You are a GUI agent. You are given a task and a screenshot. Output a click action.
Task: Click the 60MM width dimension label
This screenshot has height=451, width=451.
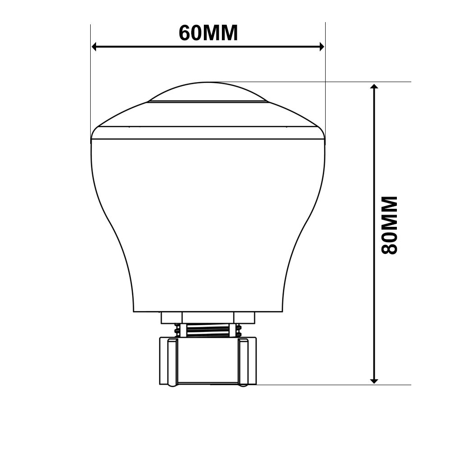(x=208, y=33)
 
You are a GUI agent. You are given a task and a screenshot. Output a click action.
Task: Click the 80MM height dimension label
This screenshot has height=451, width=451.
(x=389, y=225)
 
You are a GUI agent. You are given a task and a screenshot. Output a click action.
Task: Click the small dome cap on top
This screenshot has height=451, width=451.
(x=208, y=92)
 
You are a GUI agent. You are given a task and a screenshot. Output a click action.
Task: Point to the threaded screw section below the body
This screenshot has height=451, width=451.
(x=208, y=331)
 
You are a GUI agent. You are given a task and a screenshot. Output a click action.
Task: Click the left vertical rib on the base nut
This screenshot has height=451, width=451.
(x=172, y=362)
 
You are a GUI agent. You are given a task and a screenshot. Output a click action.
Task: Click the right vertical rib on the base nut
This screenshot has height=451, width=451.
(x=244, y=362)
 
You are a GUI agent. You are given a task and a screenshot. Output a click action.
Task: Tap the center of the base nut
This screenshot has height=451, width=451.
(x=208, y=361)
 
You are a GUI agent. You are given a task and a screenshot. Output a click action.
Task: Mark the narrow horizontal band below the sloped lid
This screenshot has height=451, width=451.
(x=208, y=133)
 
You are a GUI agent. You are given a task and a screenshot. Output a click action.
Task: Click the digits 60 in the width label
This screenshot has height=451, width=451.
(x=189, y=33)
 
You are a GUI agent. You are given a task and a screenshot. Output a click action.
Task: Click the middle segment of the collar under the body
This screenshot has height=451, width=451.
(x=208, y=318)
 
